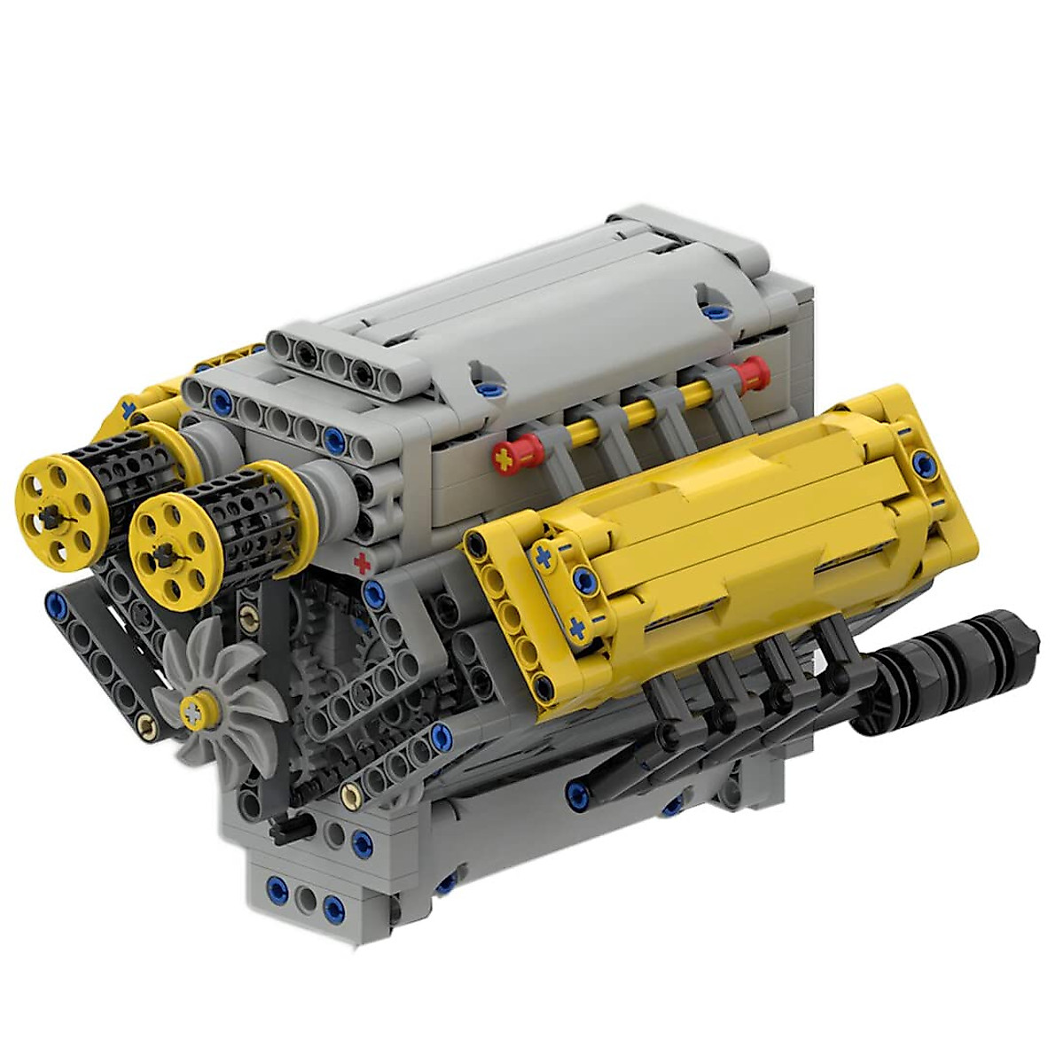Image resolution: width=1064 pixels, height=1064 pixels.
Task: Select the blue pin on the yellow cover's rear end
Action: pyautogui.click(x=923, y=460)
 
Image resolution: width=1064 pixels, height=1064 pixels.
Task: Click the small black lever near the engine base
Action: pyautogui.click(x=286, y=831)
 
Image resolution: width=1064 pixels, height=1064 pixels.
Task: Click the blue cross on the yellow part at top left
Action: pyautogui.click(x=130, y=410)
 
